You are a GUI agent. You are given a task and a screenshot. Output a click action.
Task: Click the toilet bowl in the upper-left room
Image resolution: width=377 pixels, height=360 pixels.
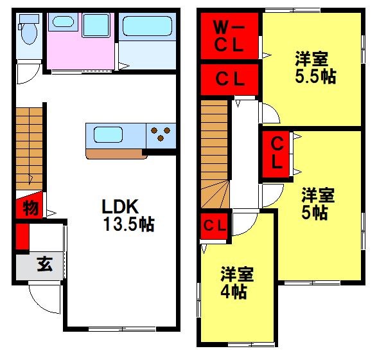[x=29, y=33]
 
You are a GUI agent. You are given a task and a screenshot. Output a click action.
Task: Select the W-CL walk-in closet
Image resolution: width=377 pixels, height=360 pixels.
[x=229, y=36]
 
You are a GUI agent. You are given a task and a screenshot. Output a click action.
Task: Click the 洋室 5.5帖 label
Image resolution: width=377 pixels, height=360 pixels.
[x=315, y=67]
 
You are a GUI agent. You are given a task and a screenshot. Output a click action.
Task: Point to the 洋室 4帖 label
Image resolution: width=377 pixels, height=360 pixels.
[x=237, y=282]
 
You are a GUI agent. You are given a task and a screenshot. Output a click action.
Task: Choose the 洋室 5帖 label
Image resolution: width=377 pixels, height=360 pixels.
[x=318, y=204]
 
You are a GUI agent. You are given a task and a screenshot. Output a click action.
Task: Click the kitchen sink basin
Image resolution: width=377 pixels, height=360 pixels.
[x=108, y=135]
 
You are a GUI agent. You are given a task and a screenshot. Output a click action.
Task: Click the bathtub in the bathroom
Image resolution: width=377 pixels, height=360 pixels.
[x=147, y=26]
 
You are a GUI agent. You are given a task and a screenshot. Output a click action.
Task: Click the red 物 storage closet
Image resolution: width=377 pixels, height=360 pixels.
[x=30, y=205]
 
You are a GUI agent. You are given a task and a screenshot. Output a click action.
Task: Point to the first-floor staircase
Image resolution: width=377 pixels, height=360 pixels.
[x=29, y=148]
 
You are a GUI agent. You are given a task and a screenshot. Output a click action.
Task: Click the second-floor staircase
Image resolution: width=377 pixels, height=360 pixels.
[x=215, y=154]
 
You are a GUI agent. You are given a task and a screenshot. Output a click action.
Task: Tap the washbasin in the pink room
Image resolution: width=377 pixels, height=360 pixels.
[x=63, y=22]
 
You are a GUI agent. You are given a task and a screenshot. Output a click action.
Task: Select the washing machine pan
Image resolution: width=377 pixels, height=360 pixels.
[x=96, y=25]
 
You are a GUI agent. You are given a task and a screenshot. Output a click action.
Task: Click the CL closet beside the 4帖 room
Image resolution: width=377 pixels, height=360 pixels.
[x=215, y=226]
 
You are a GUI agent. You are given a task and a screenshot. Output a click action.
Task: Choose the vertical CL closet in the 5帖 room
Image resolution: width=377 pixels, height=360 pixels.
[x=276, y=154]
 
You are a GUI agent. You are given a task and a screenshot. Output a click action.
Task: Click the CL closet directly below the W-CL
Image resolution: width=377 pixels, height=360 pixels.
[x=229, y=80]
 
